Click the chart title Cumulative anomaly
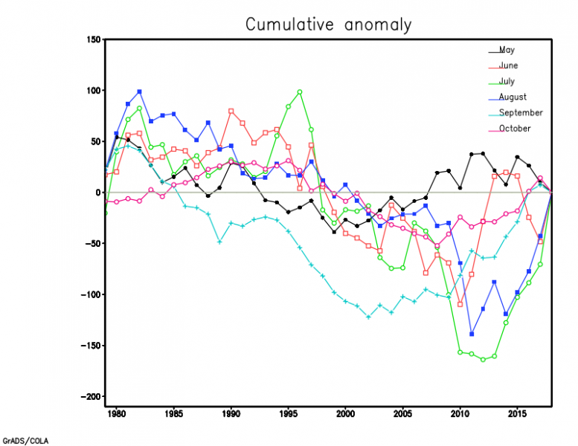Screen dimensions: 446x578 [328, 25]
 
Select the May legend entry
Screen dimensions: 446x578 [507, 51]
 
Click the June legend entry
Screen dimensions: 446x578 [509, 66]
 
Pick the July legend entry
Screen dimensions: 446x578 [507, 82]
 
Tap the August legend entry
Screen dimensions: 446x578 [513, 97]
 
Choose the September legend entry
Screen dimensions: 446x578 [520, 113]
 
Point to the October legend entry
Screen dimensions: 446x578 [515, 129]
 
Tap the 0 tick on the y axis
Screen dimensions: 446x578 [97, 193]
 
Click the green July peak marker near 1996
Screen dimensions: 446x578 [299, 92]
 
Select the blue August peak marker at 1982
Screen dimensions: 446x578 [139, 91]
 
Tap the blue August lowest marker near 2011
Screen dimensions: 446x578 [472, 334]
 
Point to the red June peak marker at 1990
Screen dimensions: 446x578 [231, 111]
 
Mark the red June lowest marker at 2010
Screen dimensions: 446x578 [460, 304]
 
